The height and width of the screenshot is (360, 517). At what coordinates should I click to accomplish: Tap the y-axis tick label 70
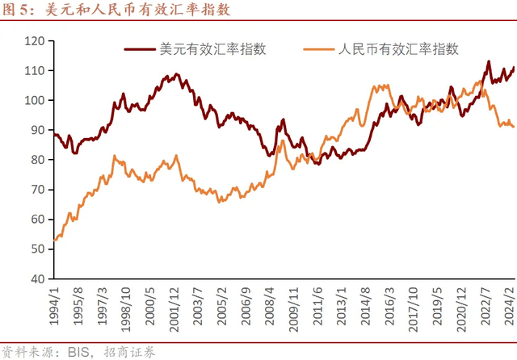(36, 190)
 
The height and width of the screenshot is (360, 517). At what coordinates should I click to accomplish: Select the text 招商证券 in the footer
(126, 351)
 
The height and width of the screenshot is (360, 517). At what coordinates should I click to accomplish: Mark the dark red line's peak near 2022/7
(488, 61)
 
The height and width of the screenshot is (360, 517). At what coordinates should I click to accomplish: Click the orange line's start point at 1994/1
(53, 240)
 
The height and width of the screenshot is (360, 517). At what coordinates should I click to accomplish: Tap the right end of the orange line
(514, 127)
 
